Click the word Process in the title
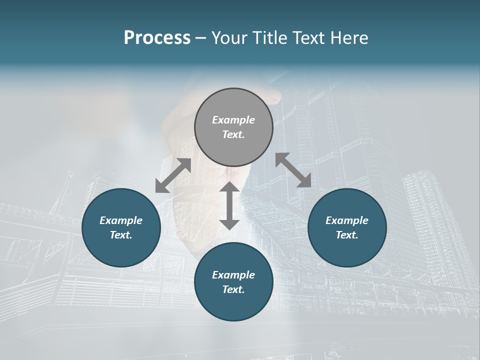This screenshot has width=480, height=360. [x=157, y=38]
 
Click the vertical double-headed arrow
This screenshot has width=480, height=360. [x=229, y=206]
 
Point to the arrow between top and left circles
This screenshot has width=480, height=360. [x=173, y=175]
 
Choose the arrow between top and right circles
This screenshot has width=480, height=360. [x=293, y=170]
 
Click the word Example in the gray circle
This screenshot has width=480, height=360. [x=233, y=120]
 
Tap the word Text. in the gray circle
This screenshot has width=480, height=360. [x=233, y=134]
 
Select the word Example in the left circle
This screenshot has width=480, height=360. [x=121, y=220]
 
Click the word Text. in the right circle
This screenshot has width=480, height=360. [x=347, y=235]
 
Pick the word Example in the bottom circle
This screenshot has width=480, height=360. [x=233, y=275]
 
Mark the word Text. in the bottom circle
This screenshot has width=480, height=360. [x=233, y=289]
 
